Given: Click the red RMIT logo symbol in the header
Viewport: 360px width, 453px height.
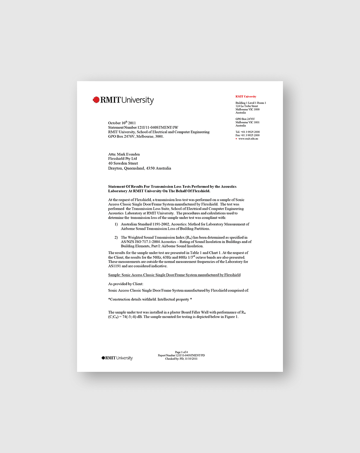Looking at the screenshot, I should (x=96, y=100).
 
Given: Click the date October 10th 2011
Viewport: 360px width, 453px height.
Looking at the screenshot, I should (x=122, y=123).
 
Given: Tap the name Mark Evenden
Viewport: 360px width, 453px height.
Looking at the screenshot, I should (x=124, y=154).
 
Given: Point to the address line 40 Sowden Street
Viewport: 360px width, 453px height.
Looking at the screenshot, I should (x=123, y=163).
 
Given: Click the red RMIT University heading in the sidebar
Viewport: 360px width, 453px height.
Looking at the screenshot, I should (x=246, y=96).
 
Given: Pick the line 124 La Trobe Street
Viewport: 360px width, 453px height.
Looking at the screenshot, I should (x=246, y=106).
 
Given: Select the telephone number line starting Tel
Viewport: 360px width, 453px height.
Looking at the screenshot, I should (x=247, y=132).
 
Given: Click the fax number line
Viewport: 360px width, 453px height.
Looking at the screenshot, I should (x=247, y=135).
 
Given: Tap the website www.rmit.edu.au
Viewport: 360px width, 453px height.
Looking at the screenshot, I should (x=248, y=139).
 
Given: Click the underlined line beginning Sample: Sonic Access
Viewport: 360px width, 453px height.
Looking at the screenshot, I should (x=174, y=275).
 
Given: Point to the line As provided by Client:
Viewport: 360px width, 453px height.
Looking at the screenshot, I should (x=126, y=284).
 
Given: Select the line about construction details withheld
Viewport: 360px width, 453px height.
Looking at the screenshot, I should (x=150, y=299).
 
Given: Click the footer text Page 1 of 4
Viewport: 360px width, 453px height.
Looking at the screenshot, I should (x=181, y=352).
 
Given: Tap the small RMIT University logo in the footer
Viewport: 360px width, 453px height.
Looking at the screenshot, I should (x=117, y=358).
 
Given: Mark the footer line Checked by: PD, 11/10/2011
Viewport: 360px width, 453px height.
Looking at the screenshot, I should (x=181, y=359).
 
